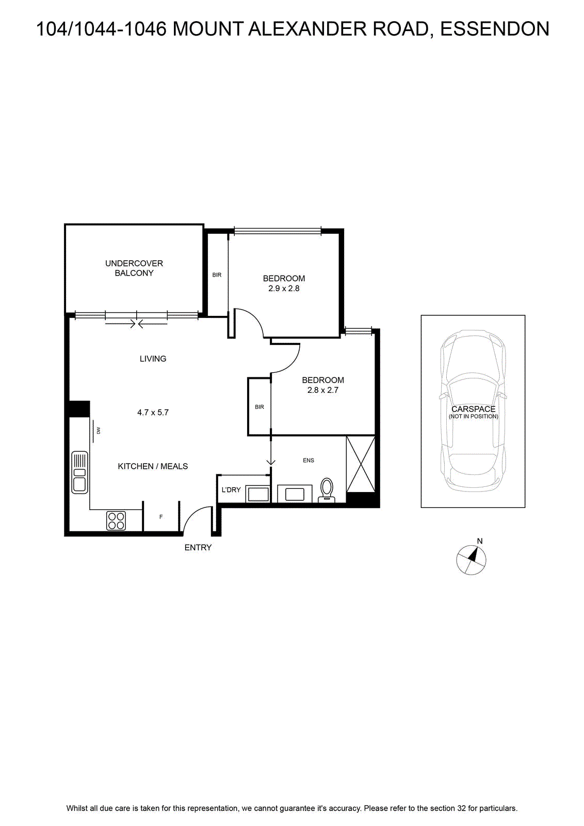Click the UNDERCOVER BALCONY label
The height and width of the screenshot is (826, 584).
pyautogui.click(x=134, y=268)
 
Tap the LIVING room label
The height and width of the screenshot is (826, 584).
pyautogui.click(x=153, y=358)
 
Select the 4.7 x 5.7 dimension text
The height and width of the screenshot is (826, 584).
pyautogui.click(x=153, y=412)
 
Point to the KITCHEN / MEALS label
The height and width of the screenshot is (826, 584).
pyautogui.click(x=153, y=466)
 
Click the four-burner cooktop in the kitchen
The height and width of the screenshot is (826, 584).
pyautogui.click(x=116, y=521)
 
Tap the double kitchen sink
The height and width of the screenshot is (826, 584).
pyautogui.click(x=79, y=472)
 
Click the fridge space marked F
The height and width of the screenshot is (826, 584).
pyautogui.click(x=161, y=517)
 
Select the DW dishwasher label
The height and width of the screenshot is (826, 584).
pyautogui.click(x=99, y=431)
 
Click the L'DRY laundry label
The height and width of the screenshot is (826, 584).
pyautogui.click(x=231, y=490)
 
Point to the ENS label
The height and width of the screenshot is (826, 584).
pyautogui.click(x=309, y=460)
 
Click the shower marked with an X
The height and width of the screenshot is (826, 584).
pyautogui.click(x=361, y=464)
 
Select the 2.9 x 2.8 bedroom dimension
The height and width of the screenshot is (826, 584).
pyautogui.click(x=284, y=289)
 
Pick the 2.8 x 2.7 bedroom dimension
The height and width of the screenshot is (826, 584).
pyautogui.click(x=323, y=390)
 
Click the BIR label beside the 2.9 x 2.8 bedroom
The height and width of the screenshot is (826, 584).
pyautogui.click(x=217, y=275)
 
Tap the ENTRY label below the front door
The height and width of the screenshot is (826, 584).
pyautogui.click(x=198, y=548)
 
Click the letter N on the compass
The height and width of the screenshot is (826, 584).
pyautogui.click(x=480, y=541)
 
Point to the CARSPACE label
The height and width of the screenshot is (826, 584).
pyautogui.click(x=474, y=409)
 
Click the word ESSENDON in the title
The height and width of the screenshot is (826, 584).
pyautogui.click(x=494, y=29)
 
